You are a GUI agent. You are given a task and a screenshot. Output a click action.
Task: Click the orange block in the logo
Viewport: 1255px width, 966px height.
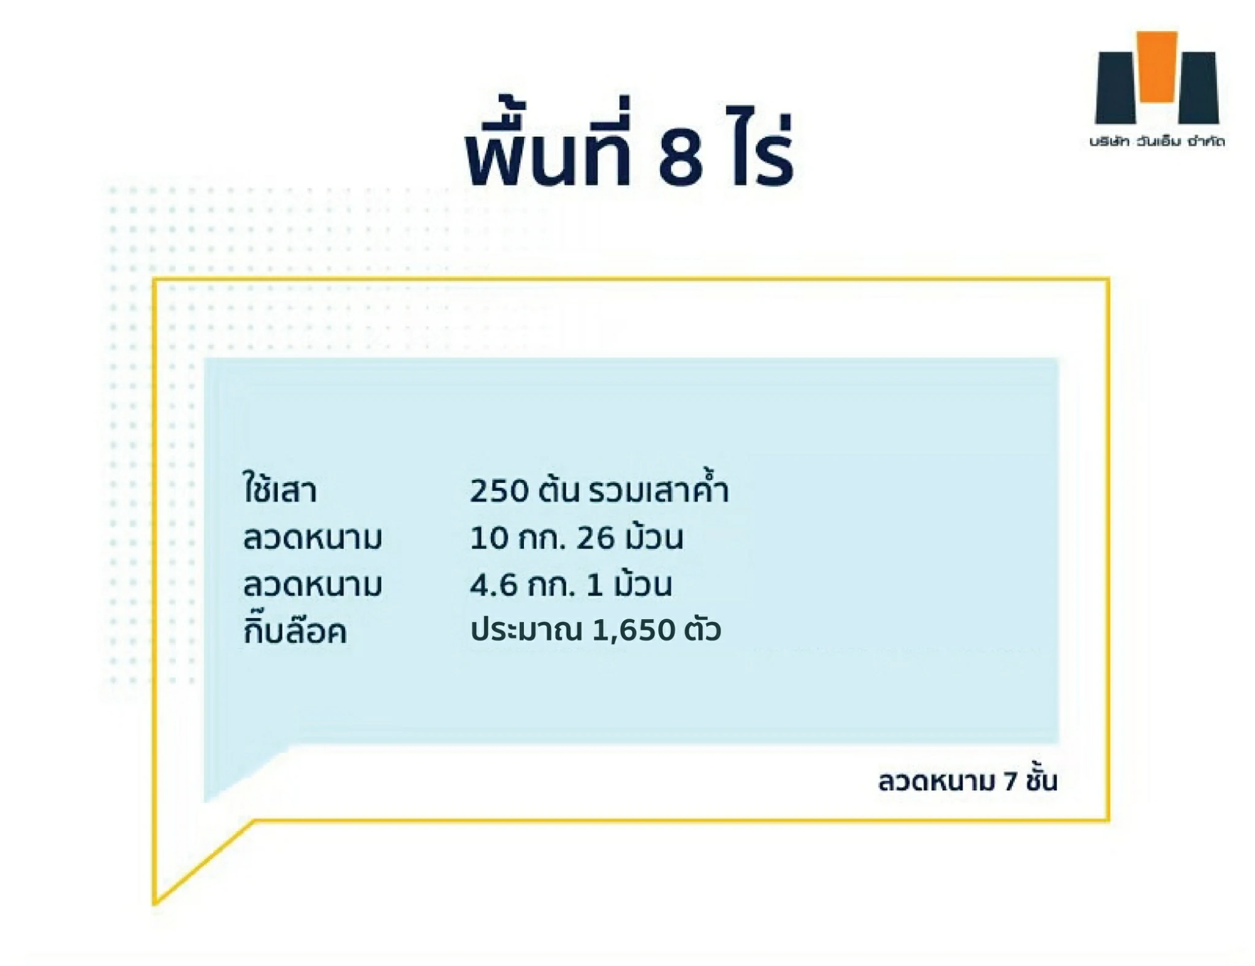1156,66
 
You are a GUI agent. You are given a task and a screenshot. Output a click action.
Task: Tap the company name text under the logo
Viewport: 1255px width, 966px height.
1156,141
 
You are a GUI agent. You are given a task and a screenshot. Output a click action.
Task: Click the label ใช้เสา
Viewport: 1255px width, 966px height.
280,488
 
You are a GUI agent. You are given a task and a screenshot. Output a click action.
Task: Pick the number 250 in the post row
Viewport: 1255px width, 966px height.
499,491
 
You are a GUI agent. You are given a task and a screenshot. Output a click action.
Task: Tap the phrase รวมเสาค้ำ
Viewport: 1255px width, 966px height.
659,487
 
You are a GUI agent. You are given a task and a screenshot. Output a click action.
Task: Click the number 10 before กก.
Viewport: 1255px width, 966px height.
490,538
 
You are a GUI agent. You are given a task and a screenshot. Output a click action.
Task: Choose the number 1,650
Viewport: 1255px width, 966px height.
634,631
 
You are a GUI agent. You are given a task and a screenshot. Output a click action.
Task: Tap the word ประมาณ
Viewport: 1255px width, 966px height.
526,629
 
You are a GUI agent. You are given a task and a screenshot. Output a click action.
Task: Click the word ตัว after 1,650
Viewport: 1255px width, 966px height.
702,629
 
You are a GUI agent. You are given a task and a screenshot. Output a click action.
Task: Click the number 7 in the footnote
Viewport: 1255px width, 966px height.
1010,782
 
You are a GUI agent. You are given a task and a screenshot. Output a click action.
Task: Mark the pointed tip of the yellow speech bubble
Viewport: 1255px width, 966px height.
155,903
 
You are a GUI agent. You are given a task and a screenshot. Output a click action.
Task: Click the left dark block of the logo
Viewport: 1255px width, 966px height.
1115,88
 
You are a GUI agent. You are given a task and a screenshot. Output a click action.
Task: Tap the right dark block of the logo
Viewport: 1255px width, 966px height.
1199,88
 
